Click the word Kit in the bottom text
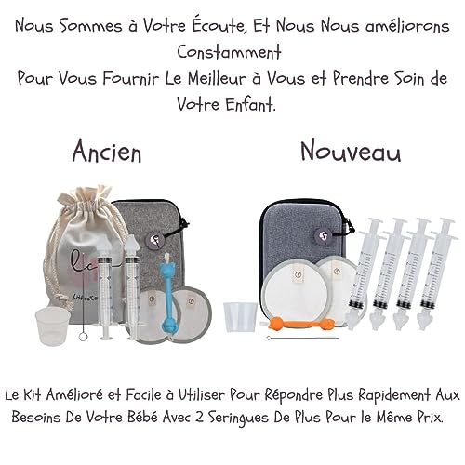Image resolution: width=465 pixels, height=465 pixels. click(x=48, y=394)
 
